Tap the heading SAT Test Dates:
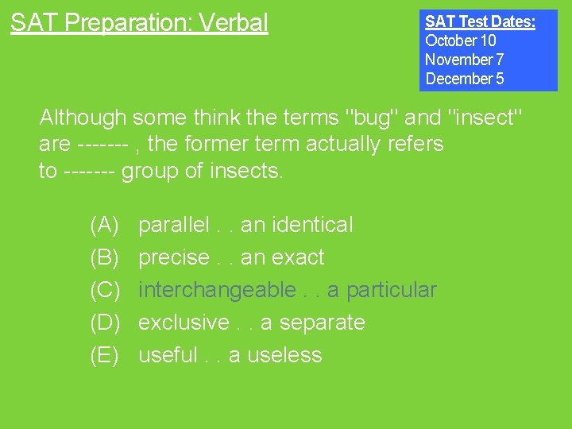480,21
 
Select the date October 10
460,41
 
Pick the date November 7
464,60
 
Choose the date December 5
464,79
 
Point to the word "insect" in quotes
485,118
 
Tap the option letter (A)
104,225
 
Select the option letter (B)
104,257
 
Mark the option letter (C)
104,290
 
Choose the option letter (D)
104,323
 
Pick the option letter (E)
104,355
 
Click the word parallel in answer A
173,225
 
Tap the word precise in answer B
174,257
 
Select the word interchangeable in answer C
216,290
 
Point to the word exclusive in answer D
184,323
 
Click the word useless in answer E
284,355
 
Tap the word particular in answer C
390,291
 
